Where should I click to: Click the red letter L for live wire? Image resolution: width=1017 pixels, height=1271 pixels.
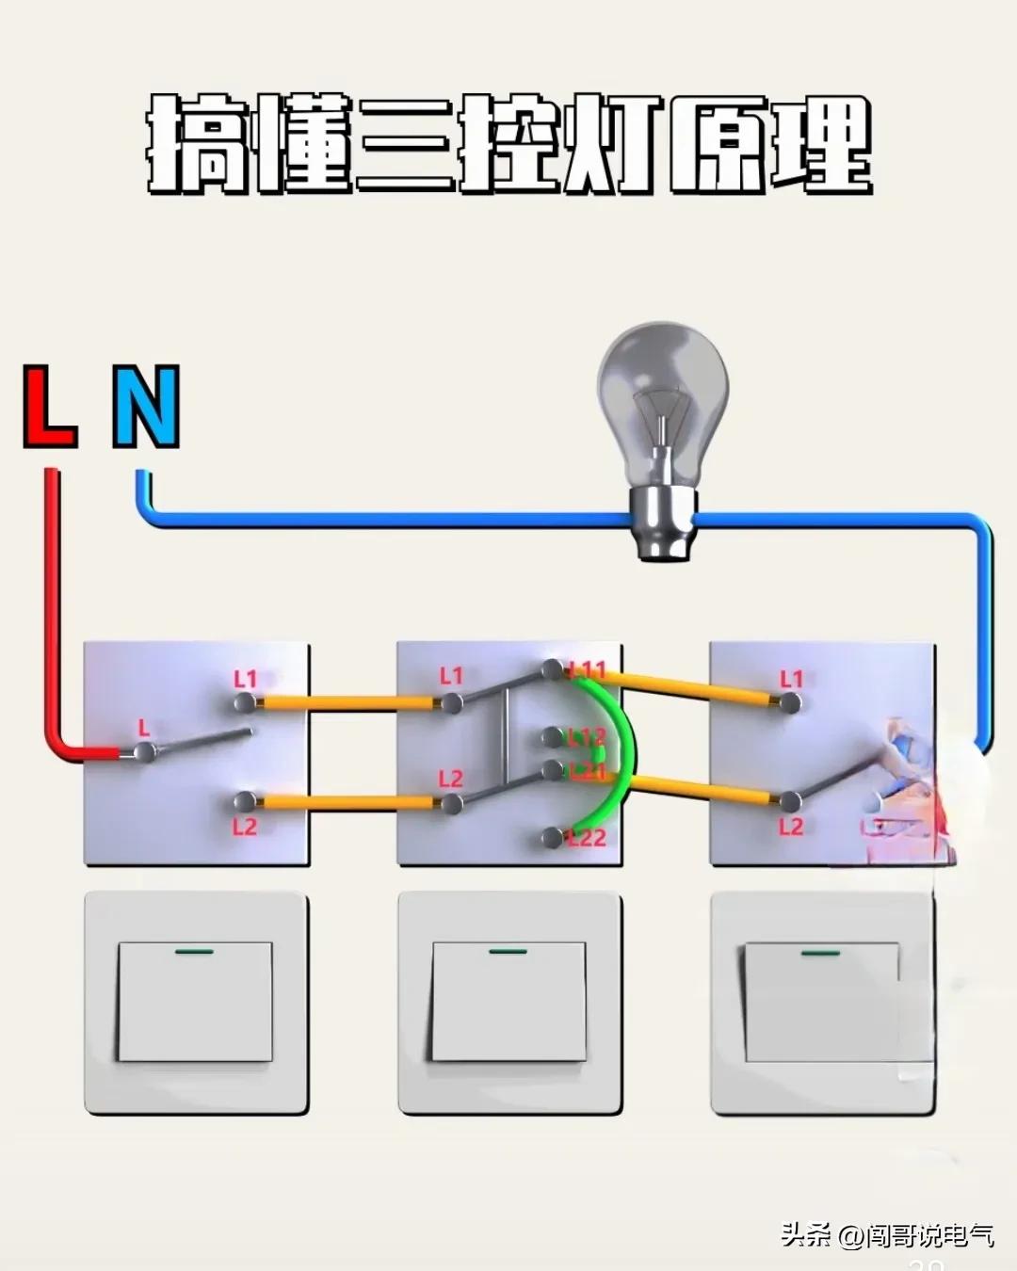click(50, 407)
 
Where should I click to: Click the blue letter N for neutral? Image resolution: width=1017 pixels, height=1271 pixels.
click(146, 407)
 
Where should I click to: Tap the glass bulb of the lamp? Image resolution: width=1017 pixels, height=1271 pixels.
click(662, 395)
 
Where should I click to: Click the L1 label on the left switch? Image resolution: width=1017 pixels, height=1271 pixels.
click(245, 679)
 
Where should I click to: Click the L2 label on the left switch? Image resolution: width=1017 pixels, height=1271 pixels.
click(245, 827)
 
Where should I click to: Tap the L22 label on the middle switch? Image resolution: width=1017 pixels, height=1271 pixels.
click(587, 837)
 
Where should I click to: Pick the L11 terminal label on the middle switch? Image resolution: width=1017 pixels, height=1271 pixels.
click(589, 670)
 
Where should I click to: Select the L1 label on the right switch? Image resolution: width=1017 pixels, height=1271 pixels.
click(791, 679)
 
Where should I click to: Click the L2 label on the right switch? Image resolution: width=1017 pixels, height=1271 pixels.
click(791, 827)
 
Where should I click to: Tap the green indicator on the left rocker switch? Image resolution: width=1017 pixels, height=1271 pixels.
click(194, 951)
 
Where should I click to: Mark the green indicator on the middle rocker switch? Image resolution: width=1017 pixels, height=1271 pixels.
click(508, 951)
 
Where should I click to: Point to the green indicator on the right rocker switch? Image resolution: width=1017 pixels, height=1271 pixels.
click(819, 954)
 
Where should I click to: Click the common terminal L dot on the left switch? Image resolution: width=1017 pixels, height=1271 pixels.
click(144, 750)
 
